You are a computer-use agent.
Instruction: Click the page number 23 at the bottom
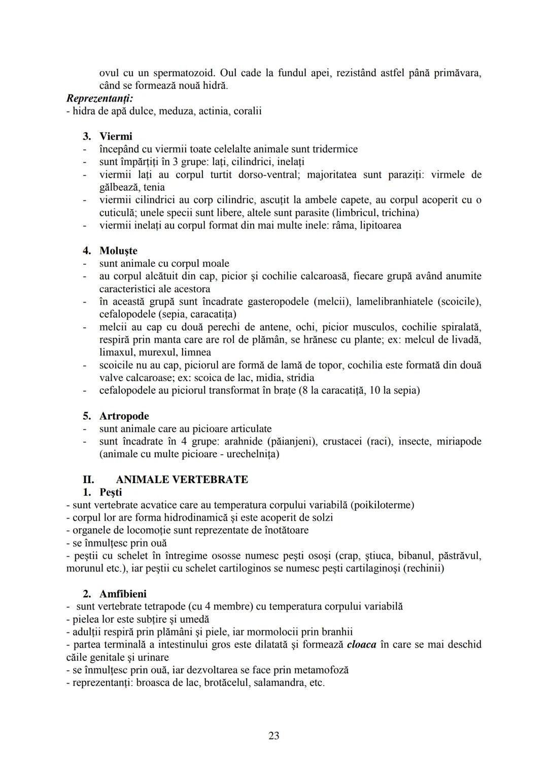[x=273, y=735]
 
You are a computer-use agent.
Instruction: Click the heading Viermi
[x=116, y=136]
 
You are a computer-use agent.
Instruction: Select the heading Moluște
[x=118, y=251]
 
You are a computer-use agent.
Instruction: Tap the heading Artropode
[x=124, y=416]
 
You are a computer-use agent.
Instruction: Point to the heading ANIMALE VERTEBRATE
[x=182, y=480]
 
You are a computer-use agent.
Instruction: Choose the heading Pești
[x=111, y=492]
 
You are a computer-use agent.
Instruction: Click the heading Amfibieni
[x=124, y=594]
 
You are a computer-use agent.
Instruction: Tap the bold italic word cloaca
[x=362, y=645]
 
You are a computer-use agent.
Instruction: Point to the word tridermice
[x=333, y=149]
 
